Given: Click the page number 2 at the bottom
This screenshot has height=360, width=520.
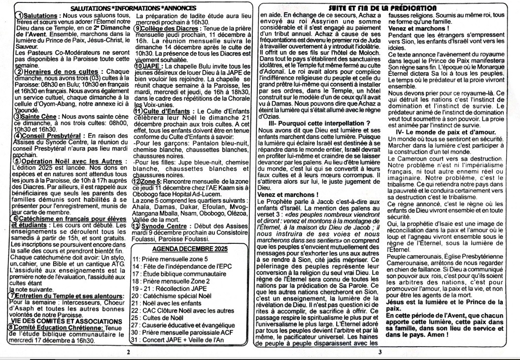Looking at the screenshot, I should [128, 352].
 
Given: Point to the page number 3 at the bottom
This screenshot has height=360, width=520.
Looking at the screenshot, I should [380, 352].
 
